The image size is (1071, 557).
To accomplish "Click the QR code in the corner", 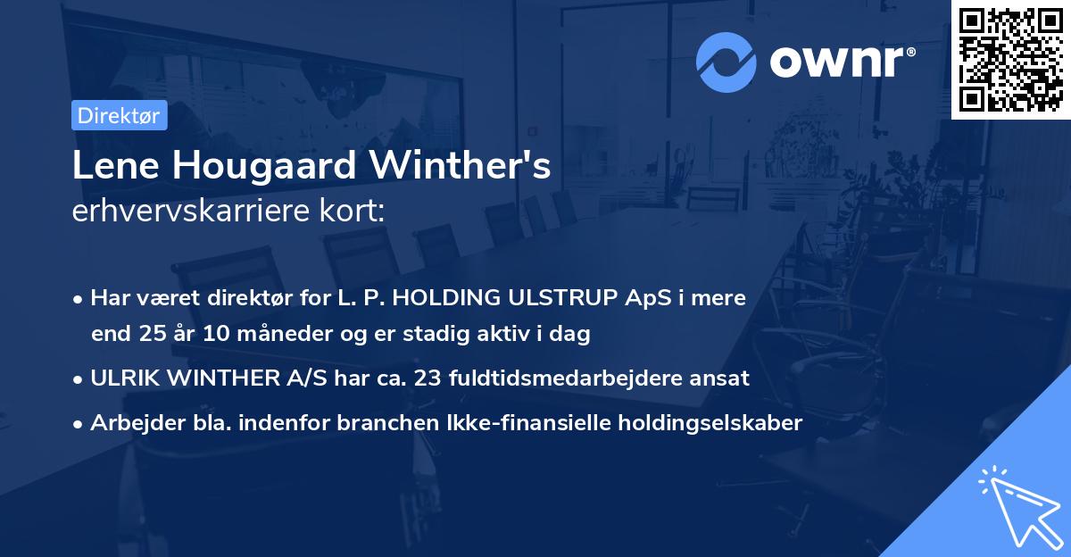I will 1011,60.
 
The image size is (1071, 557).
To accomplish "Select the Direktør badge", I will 118,115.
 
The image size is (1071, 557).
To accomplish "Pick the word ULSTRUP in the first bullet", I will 569,298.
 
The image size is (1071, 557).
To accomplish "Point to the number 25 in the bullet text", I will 152,335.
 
